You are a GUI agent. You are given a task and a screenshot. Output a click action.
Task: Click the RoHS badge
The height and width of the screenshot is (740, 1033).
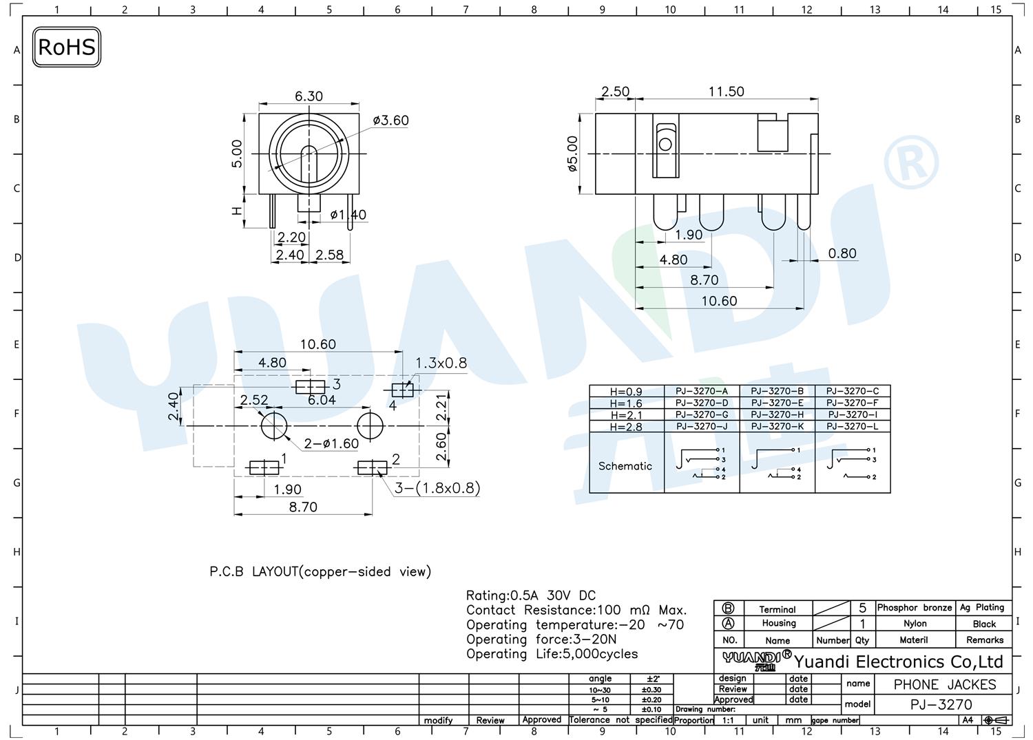pyautogui.click(x=67, y=47)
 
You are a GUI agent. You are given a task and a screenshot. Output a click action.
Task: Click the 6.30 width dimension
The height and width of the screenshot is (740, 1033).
pyautogui.click(x=309, y=96)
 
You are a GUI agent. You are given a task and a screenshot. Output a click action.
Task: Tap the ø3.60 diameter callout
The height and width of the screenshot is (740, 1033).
pyautogui.click(x=390, y=120)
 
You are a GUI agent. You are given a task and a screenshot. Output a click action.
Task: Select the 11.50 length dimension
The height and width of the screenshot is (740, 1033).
pyautogui.click(x=727, y=92)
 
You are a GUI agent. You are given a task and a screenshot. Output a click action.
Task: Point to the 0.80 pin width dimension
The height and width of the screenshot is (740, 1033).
pyautogui.click(x=842, y=253)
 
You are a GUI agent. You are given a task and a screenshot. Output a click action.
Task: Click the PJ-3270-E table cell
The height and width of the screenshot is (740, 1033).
pyautogui.click(x=777, y=403)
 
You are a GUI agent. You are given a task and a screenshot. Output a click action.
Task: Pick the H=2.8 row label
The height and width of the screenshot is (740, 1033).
pyautogui.click(x=626, y=427)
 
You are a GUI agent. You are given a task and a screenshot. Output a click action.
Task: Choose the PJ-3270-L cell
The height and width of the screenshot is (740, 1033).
pyautogui.click(x=853, y=426)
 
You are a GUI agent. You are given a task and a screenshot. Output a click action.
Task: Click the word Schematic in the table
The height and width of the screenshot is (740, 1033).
pyautogui.click(x=625, y=465)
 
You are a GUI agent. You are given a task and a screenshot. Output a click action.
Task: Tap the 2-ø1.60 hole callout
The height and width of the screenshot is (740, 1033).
pyautogui.click(x=331, y=443)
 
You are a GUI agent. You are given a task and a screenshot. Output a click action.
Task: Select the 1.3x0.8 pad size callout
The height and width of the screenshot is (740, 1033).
pyautogui.click(x=441, y=363)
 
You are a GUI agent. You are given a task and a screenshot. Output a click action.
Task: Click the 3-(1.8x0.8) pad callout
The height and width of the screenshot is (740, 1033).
pyautogui.click(x=437, y=488)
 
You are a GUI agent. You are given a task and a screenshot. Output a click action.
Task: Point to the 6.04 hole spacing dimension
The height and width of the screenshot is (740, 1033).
pyautogui.click(x=322, y=400)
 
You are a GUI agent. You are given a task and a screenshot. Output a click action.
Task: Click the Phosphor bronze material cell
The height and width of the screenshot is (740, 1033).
pyautogui.click(x=914, y=607)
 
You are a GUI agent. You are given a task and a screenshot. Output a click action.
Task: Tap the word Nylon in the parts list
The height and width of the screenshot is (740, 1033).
pyautogui.click(x=915, y=624)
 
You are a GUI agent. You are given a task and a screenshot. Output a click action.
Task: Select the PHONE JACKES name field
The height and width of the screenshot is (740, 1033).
pyautogui.click(x=945, y=685)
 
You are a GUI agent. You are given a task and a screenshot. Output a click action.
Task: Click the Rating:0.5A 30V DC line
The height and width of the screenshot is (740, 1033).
pyautogui.click(x=531, y=595)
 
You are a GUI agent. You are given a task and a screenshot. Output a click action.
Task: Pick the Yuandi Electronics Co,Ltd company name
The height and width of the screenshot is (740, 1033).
pyautogui.click(x=898, y=662)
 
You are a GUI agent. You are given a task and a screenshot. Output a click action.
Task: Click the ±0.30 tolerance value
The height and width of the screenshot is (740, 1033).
pyautogui.click(x=651, y=690)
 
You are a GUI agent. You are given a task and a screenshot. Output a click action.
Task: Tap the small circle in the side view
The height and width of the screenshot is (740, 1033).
pyautogui.click(x=665, y=145)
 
